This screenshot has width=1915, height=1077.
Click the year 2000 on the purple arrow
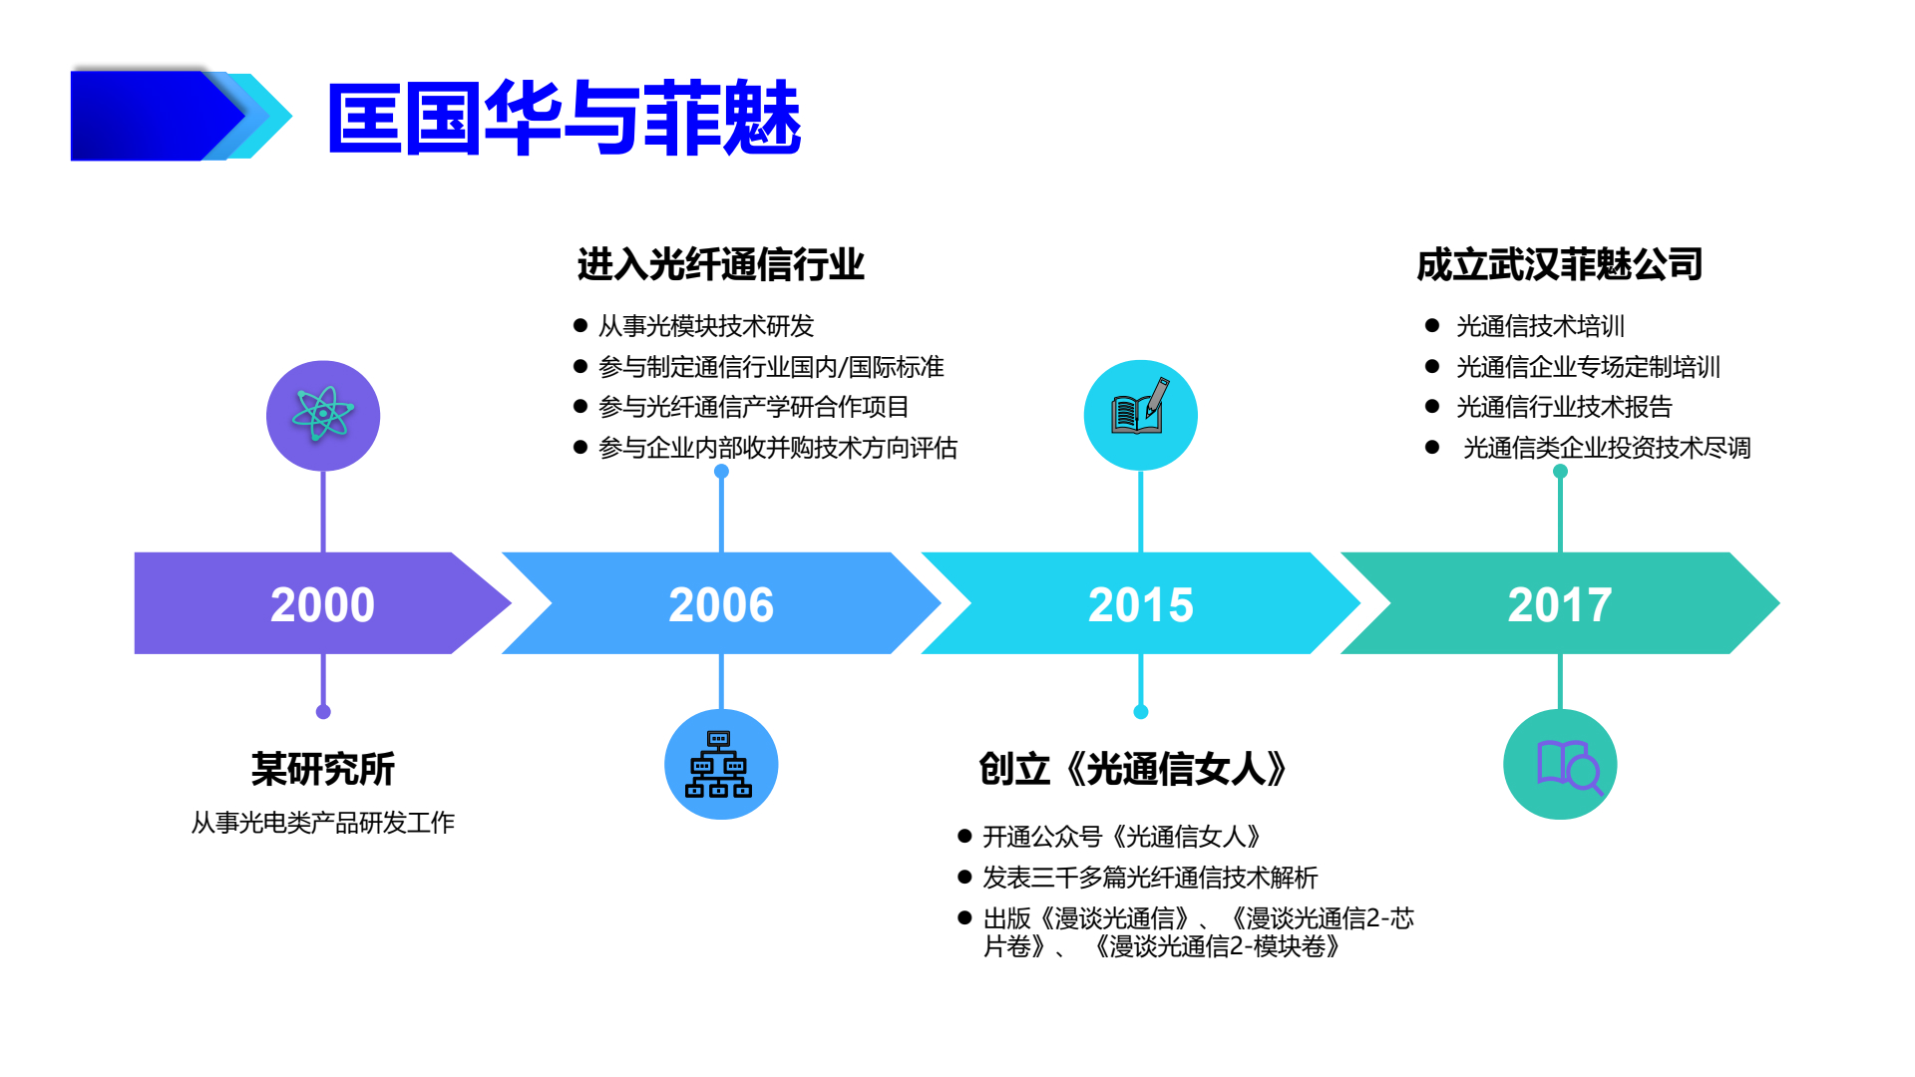(322, 604)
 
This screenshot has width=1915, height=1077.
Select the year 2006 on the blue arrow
(720, 604)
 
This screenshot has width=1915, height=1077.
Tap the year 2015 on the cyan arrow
(1140, 604)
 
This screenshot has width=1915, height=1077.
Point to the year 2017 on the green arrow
(1559, 604)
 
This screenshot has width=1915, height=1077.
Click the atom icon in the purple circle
(322, 414)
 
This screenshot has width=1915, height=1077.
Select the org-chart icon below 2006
(720, 765)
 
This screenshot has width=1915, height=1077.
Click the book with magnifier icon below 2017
(1561, 765)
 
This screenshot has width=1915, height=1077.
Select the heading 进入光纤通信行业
(720, 265)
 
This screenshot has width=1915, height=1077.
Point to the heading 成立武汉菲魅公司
(1559, 265)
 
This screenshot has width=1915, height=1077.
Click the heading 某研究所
(322, 769)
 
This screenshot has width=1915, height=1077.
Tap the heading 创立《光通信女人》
(1133, 769)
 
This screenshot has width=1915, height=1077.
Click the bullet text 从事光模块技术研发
(706, 326)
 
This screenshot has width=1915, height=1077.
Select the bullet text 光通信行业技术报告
(1563, 407)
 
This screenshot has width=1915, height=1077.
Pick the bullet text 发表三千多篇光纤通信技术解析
(1149, 878)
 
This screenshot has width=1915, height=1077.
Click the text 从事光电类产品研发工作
(322, 823)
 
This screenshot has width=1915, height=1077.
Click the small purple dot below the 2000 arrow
(322, 711)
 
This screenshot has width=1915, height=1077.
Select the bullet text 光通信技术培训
(1540, 326)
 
